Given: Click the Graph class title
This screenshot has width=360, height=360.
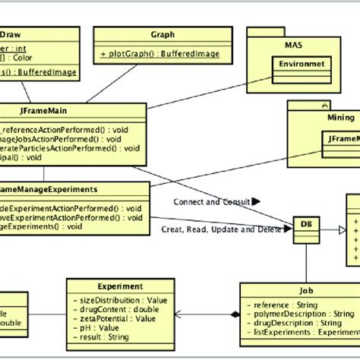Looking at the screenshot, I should click(x=163, y=34).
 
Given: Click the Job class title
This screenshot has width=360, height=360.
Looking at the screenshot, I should click(x=306, y=289).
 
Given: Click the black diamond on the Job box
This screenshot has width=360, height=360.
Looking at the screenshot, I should click(x=234, y=313).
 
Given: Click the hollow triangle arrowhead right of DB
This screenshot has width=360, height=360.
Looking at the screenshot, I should click(x=341, y=227).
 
